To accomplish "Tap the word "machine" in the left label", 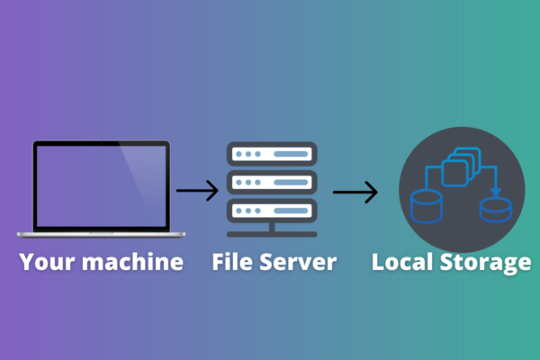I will [x=137, y=263].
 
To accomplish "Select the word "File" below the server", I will [x=237, y=263].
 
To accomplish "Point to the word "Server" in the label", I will [x=299, y=263].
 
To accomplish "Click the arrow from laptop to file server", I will [x=197, y=191].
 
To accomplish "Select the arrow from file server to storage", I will [x=355, y=191].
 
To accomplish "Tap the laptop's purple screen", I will [x=101, y=184].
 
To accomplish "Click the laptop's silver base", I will [x=101, y=234].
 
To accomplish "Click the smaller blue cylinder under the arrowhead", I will [x=494, y=210].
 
